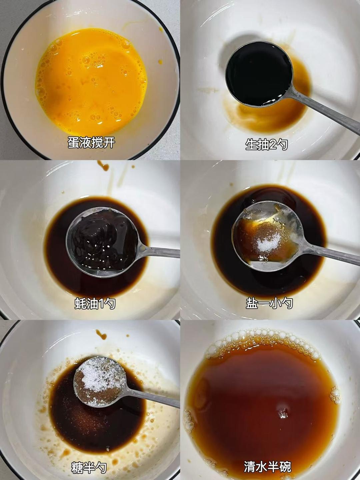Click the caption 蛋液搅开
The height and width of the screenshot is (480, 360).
[91, 143]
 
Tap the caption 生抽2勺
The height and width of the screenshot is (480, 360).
[266, 145]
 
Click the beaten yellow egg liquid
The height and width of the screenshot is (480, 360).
[91, 82]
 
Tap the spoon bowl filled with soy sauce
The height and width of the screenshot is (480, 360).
[259, 74]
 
